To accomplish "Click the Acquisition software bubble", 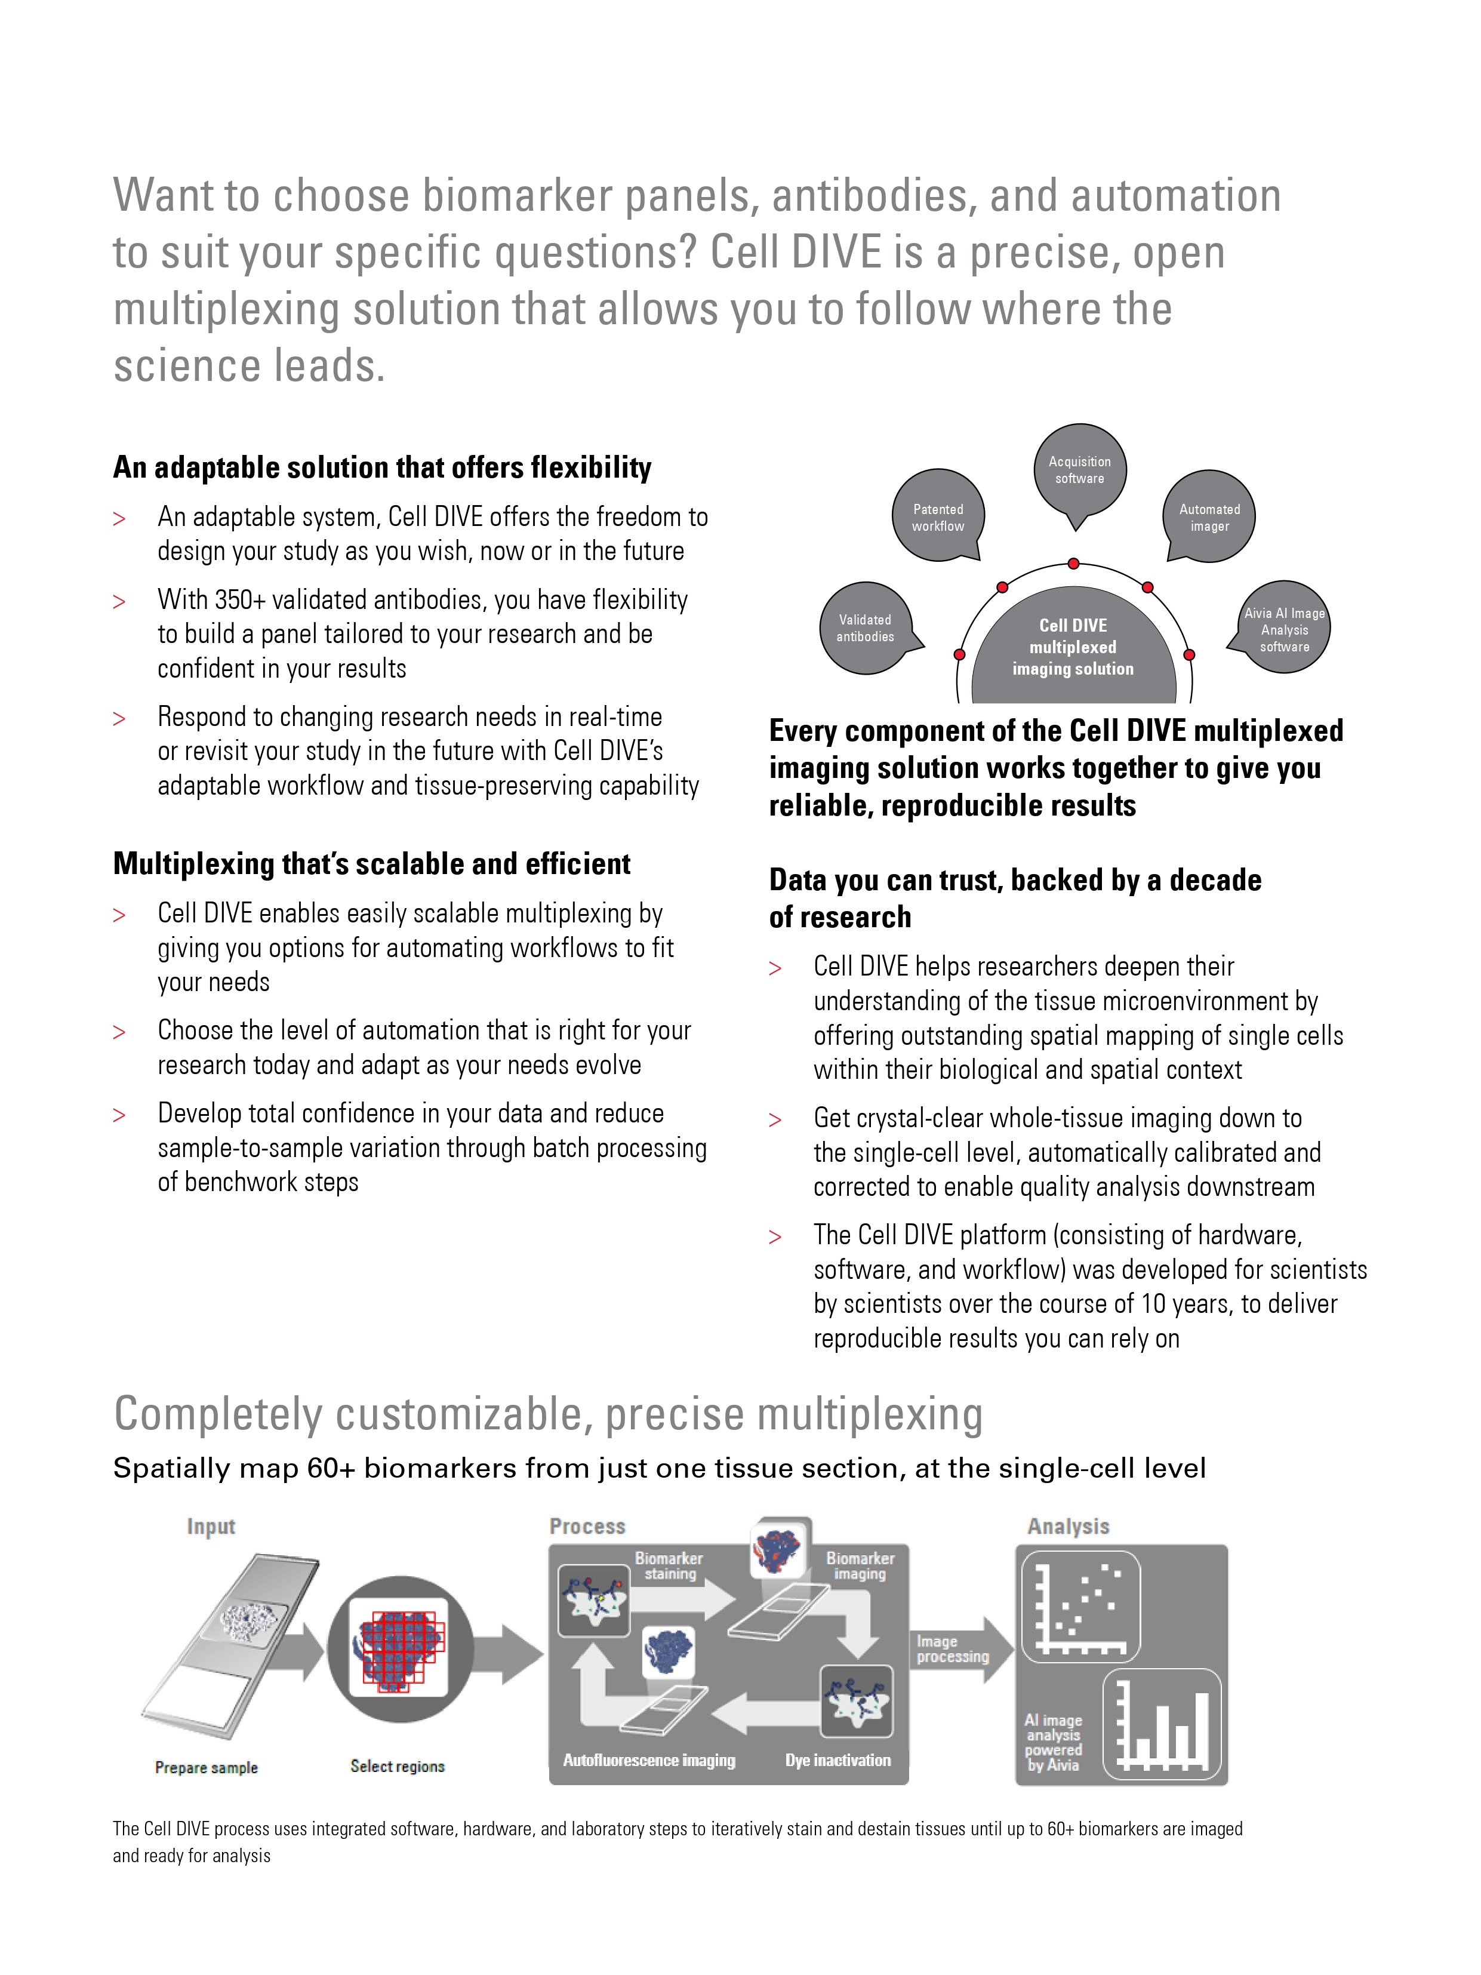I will pos(1079,470).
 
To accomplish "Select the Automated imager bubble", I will pos(1209,517).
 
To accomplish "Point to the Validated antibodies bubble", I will pos(865,627).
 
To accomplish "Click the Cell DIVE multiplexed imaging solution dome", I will pos(1073,647).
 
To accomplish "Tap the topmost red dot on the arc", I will pos(1074,564).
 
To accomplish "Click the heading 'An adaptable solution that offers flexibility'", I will pos(382,467).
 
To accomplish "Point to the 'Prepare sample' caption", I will pos(206,1767).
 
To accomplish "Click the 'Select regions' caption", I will pos(397,1765).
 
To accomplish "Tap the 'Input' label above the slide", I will pos(211,1526).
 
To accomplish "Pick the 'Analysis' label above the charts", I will pos(1068,1526).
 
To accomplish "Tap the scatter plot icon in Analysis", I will pos(1081,1606).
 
